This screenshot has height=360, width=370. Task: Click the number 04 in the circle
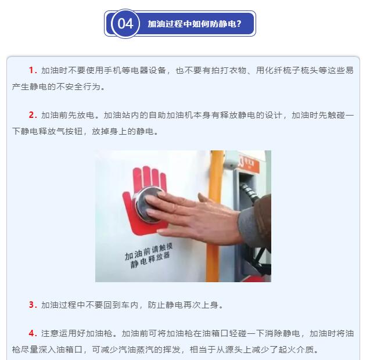[125, 24]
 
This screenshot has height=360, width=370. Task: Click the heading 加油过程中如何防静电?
[195, 24]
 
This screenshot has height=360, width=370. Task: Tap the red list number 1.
[33, 70]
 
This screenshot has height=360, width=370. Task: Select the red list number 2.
[33, 115]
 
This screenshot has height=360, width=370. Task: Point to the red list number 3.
[33, 305]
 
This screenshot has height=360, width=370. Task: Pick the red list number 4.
[33, 333]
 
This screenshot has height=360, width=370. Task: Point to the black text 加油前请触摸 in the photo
[149, 251]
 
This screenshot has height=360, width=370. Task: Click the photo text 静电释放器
[150, 261]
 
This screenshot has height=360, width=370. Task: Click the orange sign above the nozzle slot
[249, 163]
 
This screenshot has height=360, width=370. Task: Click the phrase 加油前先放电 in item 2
[68, 115]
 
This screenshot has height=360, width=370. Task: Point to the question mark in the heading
[239, 24]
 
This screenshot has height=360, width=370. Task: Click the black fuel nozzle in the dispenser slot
[250, 193]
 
